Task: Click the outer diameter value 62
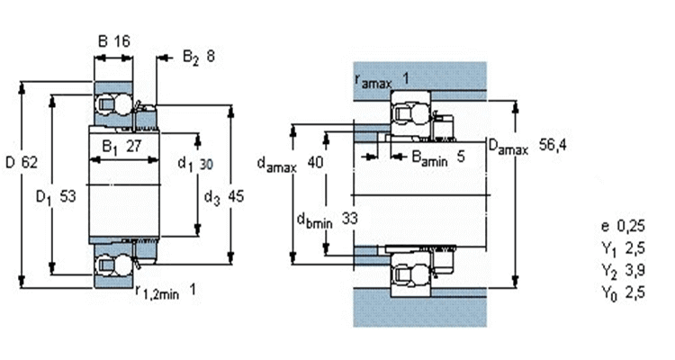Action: click(30, 162)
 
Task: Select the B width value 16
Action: click(121, 41)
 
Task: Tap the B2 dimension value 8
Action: click(211, 56)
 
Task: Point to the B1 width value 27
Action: click(134, 147)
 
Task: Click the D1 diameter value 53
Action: click(67, 196)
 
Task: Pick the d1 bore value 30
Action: click(207, 164)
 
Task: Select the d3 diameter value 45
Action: click(236, 196)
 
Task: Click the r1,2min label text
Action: click(157, 292)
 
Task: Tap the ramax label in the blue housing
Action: click(373, 81)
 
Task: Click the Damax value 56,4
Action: click(553, 145)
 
